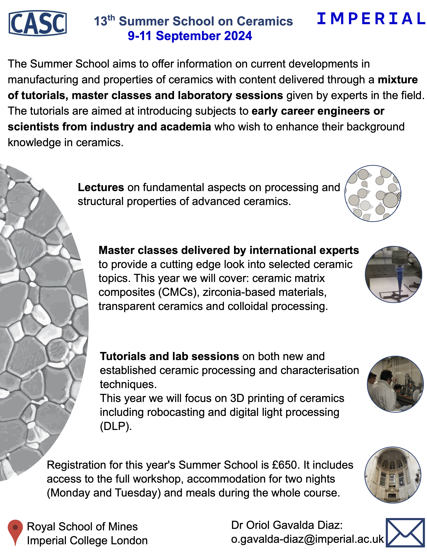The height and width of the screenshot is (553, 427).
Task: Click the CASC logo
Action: coord(38,23)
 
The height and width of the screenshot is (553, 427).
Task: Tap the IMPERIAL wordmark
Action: coord(371,19)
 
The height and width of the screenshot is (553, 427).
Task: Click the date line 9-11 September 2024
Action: coord(190,36)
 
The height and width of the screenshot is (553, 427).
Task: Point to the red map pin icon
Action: coord(15,531)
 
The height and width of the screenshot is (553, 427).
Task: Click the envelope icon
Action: coord(405,532)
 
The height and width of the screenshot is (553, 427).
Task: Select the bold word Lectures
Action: coord(101,187)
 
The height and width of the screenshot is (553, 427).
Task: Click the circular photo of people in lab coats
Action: coord(395,384)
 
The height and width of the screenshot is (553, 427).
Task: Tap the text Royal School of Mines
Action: coord(82,527)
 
